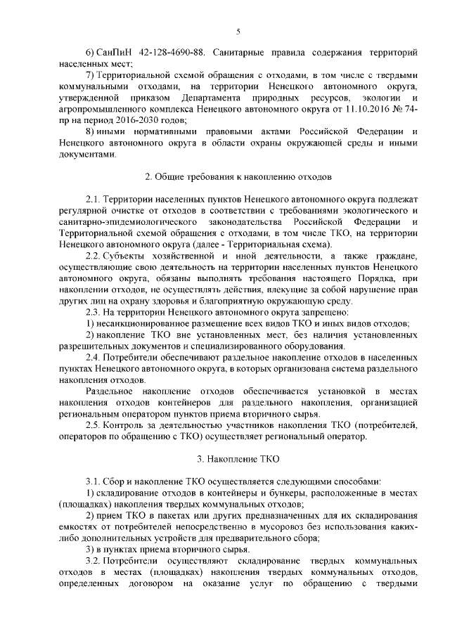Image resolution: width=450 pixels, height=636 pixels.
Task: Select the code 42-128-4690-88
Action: [x=173, y=53]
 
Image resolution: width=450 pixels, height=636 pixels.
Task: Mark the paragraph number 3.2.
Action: [x=94, y=562]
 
